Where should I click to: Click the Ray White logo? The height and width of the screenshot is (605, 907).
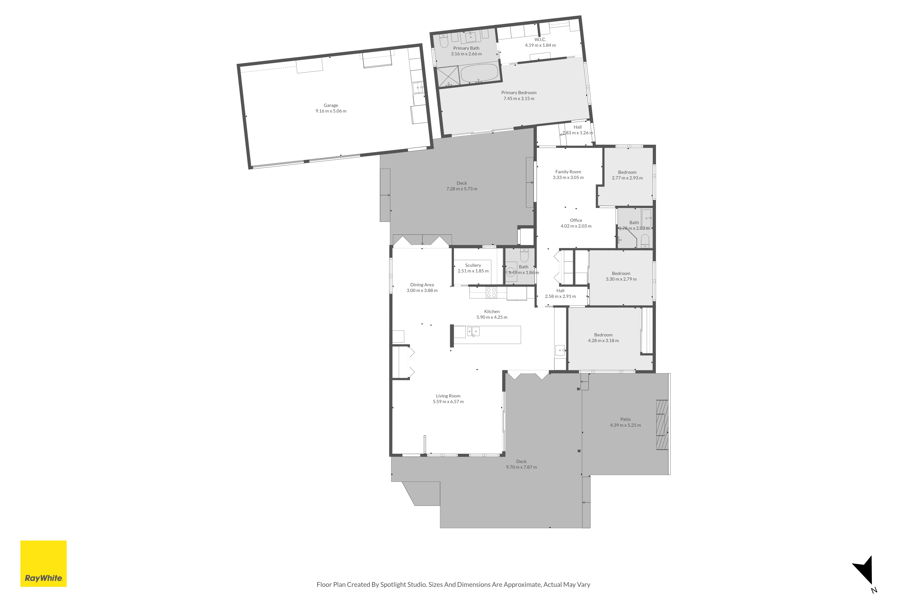coord(44,564)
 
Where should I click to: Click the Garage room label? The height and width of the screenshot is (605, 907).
coord(331,105)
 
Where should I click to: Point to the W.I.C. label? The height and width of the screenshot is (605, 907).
coord(540,39)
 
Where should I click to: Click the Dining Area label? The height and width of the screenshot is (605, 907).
coord(422,285)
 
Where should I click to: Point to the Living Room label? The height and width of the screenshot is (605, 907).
coord(448,396)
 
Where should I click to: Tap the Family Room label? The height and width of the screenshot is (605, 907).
coord(568,172)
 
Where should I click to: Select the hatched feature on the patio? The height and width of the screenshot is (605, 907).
coord(662,424)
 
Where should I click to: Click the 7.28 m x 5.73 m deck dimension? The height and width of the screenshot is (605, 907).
coord(462,189)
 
